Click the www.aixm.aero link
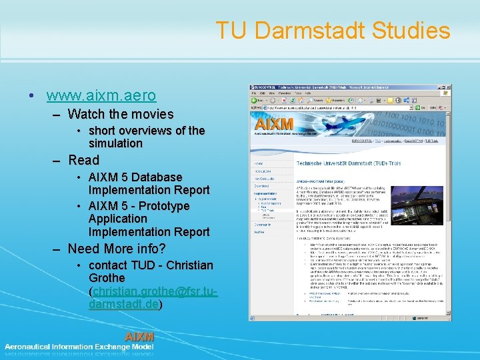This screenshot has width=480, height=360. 101,95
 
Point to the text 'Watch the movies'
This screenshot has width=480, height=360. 120,114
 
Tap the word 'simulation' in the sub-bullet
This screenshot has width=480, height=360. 115,143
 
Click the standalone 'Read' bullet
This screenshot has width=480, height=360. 83,160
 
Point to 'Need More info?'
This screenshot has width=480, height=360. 117,249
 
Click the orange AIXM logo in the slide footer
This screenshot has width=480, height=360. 139,337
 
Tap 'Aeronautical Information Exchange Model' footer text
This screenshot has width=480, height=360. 79,347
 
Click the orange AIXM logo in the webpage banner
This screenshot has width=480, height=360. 275,123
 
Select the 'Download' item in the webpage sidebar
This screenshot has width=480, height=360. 261,187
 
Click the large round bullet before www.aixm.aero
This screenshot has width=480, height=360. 33,96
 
